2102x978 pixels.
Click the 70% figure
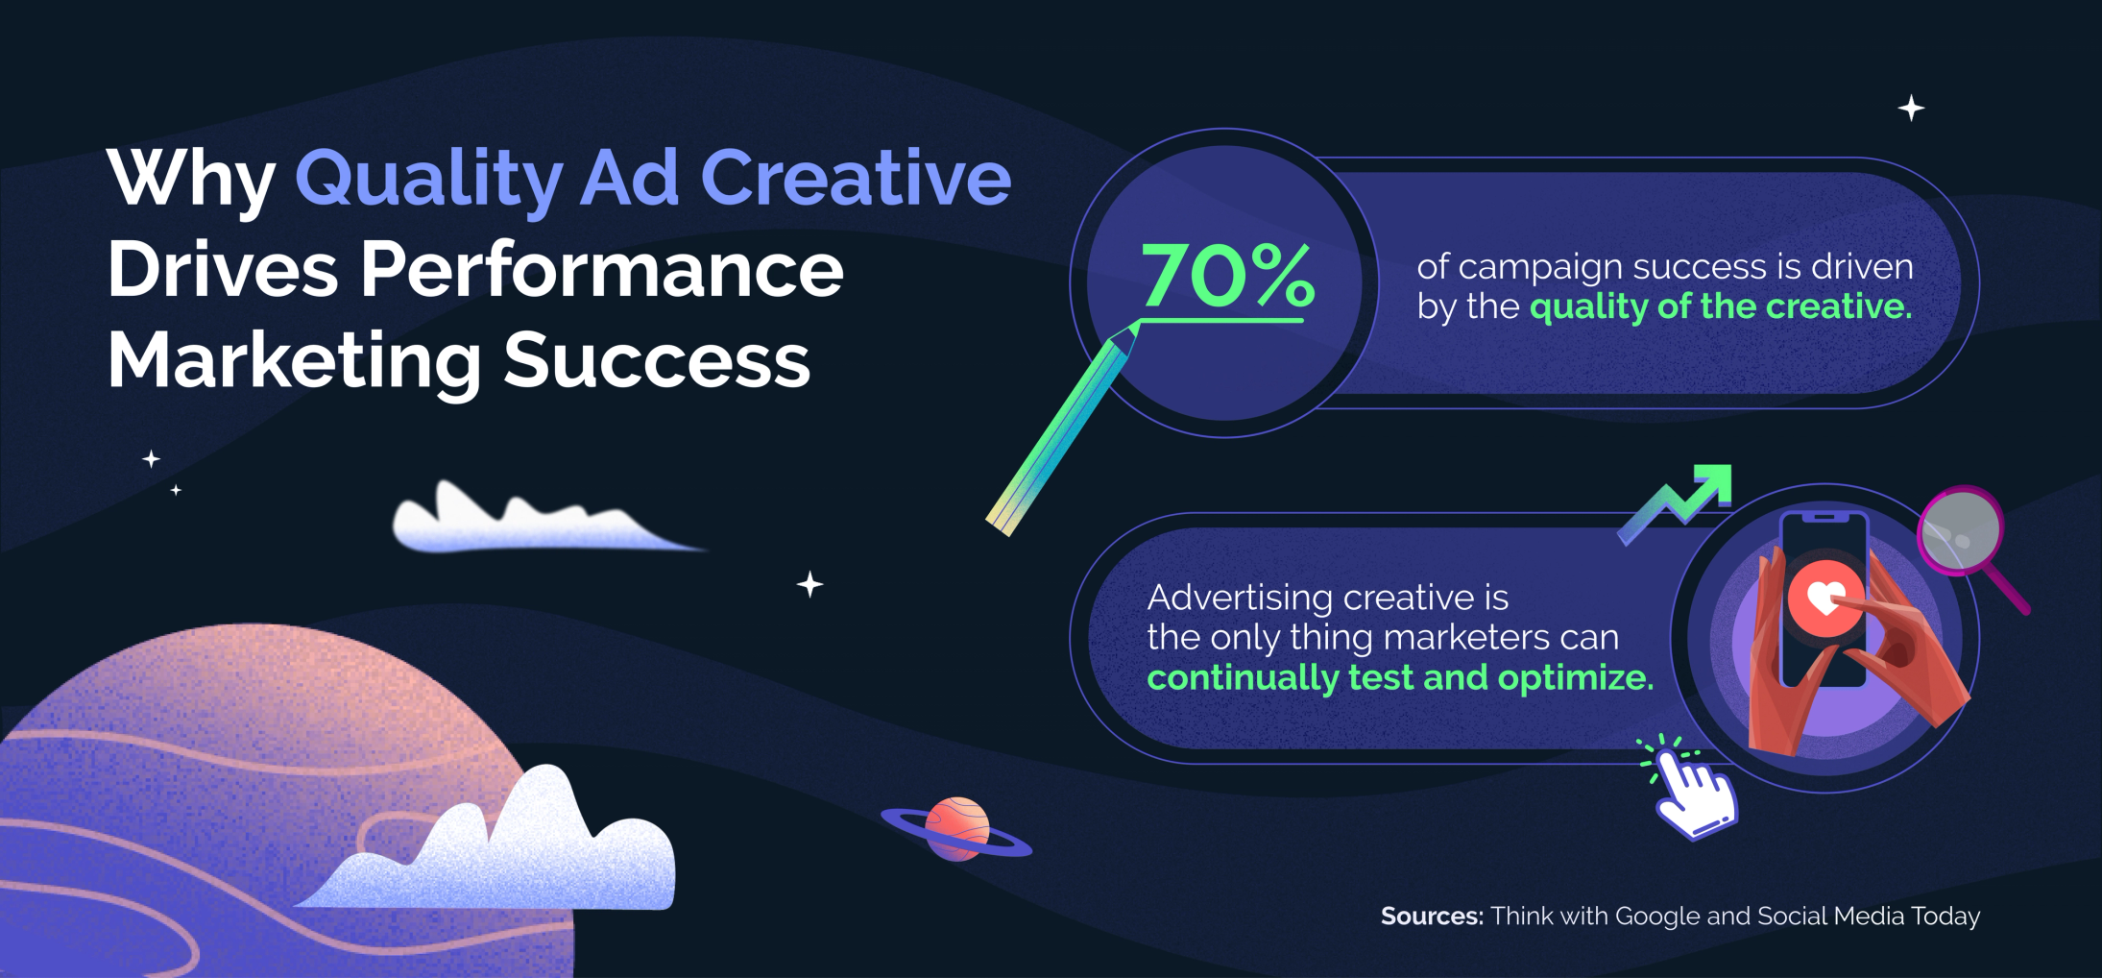[1227, 275]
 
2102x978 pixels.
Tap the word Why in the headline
[191, 180]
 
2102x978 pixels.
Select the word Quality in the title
[428, 180]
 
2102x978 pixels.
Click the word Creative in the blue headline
[856, 180]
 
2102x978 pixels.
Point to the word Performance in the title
[602, 270]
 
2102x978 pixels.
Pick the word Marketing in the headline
[294, 361]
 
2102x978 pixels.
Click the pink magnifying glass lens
[1960, 530]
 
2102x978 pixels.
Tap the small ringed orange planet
[956, 828]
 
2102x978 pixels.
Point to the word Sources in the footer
[1431, 917]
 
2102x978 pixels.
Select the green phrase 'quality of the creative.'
[1721, 306]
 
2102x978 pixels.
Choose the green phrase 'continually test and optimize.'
[1400, 678]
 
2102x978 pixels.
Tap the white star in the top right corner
[1911, 109]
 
